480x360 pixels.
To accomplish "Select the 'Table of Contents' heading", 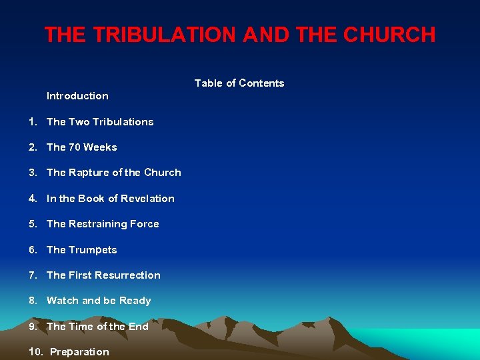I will [x=239, y=83].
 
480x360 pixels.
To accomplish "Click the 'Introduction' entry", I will [x=77, y=96].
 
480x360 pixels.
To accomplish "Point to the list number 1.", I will [x=32, y=122].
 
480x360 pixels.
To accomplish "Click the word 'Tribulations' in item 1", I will [x=123, y=122].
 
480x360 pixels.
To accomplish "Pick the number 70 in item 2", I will [x=75, y=147].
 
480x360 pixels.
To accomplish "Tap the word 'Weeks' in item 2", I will [x=101, y=147].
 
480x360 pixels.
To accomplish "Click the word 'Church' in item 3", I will [x=163, y=173].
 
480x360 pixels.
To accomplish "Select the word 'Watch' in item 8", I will [x=62, y=301].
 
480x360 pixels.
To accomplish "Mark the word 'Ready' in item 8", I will [x=135, y=301].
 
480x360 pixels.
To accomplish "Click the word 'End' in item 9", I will [x=139, y=327].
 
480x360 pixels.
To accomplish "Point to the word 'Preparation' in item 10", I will [x=79, y=352].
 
